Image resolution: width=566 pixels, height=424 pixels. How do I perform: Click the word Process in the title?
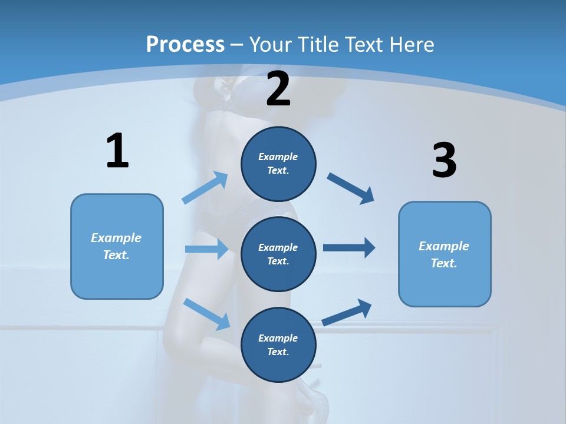(x=185, y=45)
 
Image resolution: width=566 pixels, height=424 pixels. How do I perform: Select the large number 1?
(x=117, y=151)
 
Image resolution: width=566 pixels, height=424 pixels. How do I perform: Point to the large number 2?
(x=278, y=89)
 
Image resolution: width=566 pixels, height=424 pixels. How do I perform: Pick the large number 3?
(x=445, y=161)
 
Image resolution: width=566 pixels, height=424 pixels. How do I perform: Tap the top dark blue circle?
(x=278, y=164)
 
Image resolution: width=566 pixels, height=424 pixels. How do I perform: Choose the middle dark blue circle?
(x=278, y=254)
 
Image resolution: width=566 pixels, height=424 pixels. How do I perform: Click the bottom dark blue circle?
(x=278, y=344)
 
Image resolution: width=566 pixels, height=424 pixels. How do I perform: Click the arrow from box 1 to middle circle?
(x=206, y=249)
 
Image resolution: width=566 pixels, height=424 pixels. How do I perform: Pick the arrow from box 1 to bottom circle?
(x=206, y=314)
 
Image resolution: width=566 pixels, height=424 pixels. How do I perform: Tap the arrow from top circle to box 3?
(x=351, y=188)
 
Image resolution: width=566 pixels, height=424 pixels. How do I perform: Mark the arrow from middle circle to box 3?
(x=349, y=248)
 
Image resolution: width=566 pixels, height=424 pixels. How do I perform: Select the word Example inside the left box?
(x=116, y=238)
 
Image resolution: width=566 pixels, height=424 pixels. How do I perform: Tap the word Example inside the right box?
(x=444, y=246)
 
